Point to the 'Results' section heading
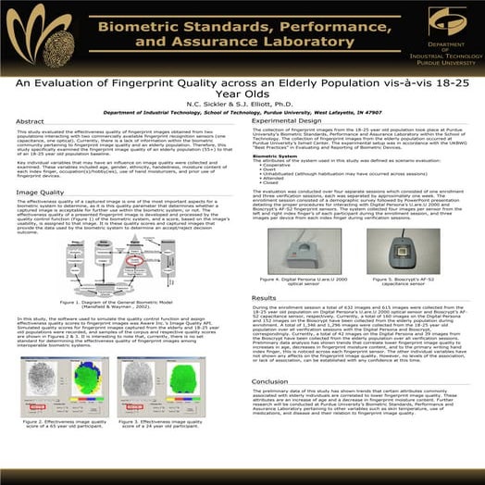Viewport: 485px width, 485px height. click(265, 298)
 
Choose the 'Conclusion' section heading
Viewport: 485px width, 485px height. click(270, 380)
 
